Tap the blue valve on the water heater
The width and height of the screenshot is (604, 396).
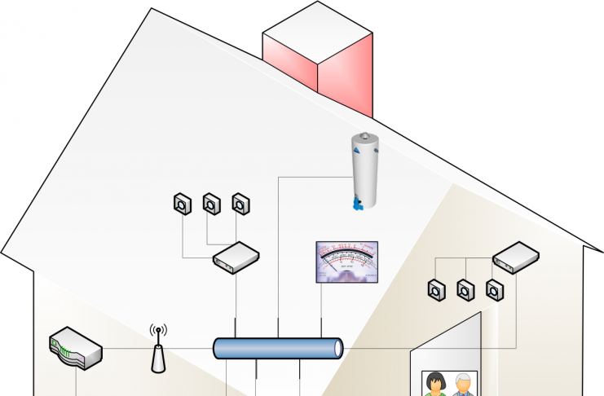(x=356, y=203)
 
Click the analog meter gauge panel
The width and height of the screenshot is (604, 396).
(x=347, y=262)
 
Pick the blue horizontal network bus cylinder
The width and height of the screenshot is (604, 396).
(x=277, y=349)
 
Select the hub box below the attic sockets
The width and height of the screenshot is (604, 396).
(x=236, y=258)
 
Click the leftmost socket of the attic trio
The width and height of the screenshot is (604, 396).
(x=183, y=204)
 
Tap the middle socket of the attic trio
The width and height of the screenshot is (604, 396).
(x=211, y=204)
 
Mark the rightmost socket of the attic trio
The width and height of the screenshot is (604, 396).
(x=240, y=204)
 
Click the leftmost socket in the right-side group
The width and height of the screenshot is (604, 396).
(x=436, y=289)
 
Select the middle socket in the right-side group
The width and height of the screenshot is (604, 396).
(x=465, y=289)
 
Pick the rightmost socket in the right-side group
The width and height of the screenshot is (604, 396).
(x=494, y=289)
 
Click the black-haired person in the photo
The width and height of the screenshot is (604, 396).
(x=435, y=385)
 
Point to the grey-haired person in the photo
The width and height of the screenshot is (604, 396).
(x=464, y=385)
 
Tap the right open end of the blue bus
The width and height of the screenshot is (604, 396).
(x=337, y=349)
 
